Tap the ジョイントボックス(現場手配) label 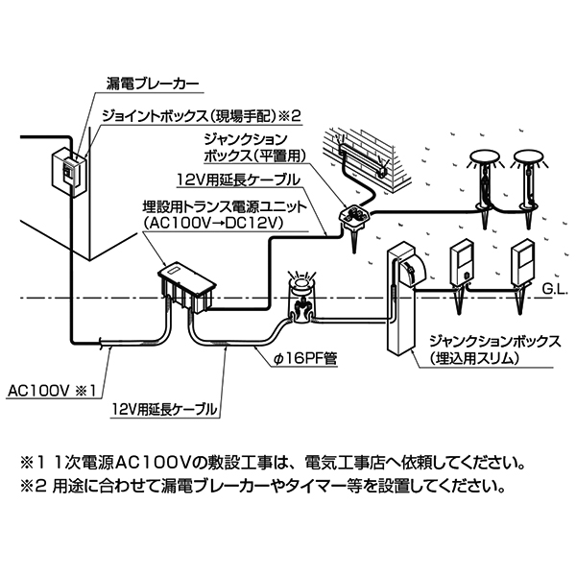click(203, 115)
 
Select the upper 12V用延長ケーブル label click(237, 180)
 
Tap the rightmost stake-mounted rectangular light click(525, 263)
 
